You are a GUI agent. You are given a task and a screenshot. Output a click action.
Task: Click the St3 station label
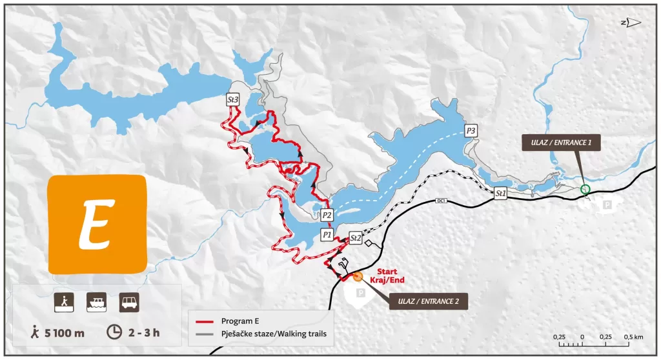pos(233,100)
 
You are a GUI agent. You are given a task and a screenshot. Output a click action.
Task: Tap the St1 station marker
pos(501,193)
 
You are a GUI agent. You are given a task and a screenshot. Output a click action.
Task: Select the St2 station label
pos(355,237)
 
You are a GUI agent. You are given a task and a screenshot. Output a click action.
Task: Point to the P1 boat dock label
pos(327,234)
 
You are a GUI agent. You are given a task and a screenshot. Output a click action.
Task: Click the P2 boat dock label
pos(327,215)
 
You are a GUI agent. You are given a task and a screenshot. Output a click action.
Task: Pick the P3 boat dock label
pos(471,131)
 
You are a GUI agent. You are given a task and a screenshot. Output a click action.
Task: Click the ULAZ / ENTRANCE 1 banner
pos(562,143)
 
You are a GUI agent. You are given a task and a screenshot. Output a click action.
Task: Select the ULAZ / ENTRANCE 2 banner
pos(428,301)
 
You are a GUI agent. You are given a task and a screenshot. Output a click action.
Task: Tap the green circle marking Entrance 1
pos(585,189)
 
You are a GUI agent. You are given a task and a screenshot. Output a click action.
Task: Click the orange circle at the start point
pos(358,277)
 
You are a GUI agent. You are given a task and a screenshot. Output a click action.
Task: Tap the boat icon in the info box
pos(97,301)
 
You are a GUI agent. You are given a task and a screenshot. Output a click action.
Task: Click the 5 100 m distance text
pos(58,333)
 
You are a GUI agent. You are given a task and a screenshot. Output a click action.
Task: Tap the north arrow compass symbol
pos(631,23)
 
